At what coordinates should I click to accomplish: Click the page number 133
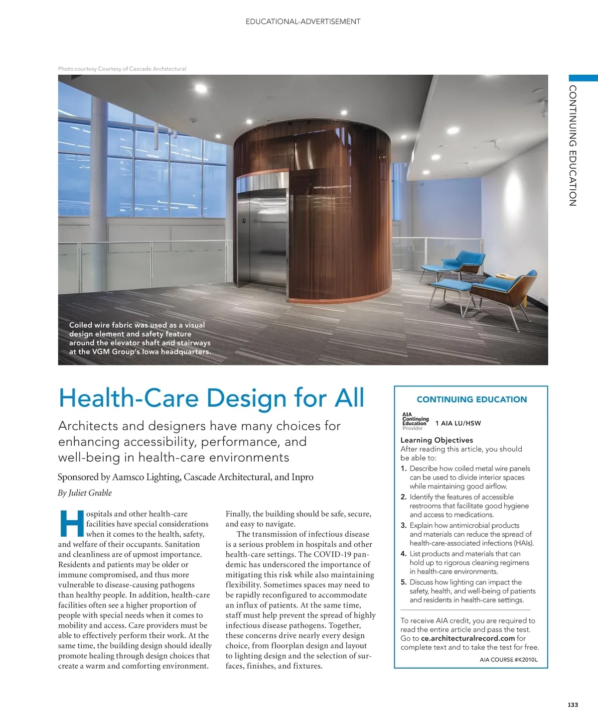tap(573, 705)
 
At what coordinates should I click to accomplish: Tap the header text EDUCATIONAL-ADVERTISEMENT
tap(303, 21)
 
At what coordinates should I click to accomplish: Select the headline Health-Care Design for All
tap(211, 398)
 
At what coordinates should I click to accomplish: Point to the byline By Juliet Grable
tap(85, 493)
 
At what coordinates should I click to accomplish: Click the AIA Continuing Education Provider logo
tap(415, 421)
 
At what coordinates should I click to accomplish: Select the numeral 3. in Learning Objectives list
tap(404, 525)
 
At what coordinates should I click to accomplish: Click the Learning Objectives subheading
tap(437, 440)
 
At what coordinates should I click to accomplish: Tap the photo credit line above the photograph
tap(122, 69)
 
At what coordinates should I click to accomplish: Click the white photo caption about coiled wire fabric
tap(140, 338)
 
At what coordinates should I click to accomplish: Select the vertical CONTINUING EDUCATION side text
tap(573, 145)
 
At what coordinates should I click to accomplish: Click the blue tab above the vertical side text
tap(583, 78)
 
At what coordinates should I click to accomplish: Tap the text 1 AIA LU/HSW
tap(458, 423)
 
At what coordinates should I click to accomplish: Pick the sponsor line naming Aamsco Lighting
tap(185, 477)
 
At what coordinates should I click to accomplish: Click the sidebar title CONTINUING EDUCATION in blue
tap(471, 399)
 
